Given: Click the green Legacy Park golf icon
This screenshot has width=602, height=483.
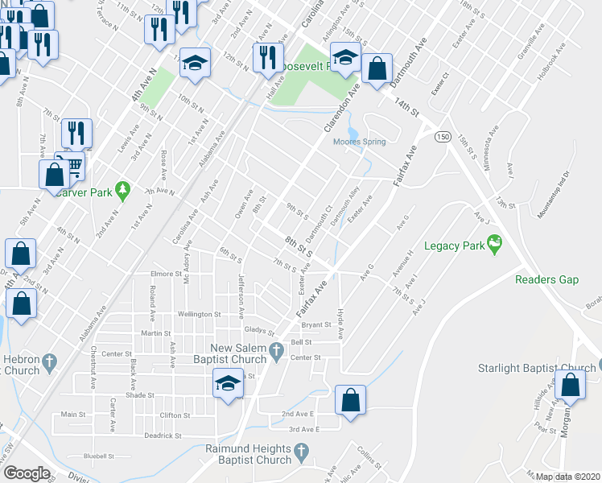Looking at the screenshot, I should point(494,243).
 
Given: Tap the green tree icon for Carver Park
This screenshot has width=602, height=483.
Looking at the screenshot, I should point(122,191).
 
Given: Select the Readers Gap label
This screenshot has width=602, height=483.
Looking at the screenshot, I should point(547,279).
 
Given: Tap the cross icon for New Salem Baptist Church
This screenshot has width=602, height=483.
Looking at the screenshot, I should point(277,349).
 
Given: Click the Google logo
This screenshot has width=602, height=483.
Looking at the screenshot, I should point(27,473).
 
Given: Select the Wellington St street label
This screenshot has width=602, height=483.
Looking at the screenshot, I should point(200,315).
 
